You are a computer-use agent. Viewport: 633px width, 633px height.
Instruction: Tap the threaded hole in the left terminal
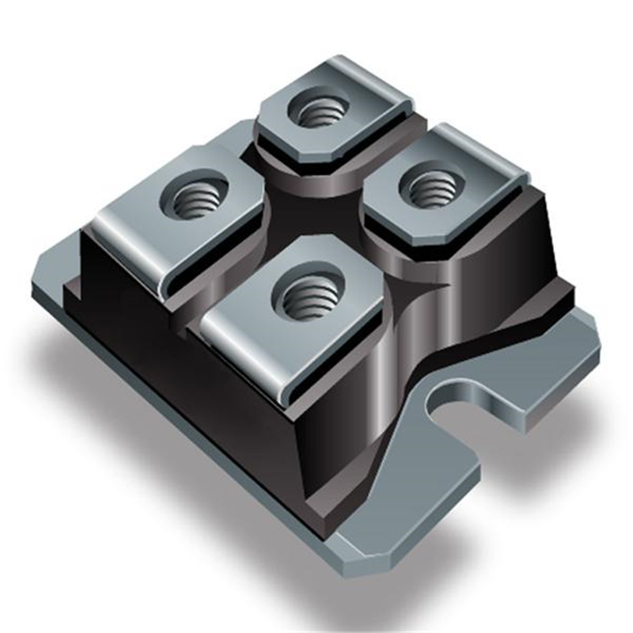[194, 195]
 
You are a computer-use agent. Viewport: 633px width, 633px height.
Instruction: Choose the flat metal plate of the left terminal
[142, 214]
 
